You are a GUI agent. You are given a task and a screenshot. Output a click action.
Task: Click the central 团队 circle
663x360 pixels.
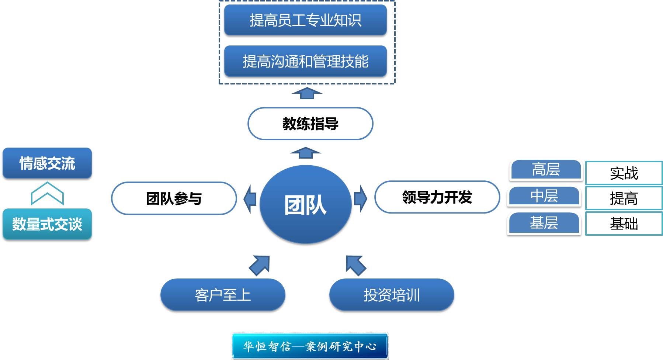(x=305, y=205)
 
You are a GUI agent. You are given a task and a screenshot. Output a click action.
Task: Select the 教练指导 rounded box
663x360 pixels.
(x=310, y=124)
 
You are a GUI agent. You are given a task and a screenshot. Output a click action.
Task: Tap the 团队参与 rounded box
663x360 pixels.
(x=174, y=198)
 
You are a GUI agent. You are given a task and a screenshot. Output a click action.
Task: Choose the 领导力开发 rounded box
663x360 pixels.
(x=437, y=197)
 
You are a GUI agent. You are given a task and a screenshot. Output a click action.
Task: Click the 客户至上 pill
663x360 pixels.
(x=223, y=295)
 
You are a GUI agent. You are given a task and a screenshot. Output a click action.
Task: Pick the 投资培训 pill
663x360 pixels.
(x=391, y=295)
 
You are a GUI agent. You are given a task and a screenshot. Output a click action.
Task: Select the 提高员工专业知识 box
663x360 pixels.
(x=305, y=20)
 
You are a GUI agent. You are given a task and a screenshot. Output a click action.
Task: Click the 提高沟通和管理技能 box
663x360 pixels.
(x=305, y=61)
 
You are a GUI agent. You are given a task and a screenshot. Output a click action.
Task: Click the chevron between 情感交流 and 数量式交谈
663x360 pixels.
(x=47, y=193)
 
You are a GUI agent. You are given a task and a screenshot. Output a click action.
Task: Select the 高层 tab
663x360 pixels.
(x=545, y=170)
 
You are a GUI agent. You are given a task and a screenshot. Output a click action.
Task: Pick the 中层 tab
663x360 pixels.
(x=544, y=196)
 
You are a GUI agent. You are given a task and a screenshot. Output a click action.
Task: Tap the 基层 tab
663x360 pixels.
(x=544, y=223)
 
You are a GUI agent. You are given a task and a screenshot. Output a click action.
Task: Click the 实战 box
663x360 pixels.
(x=624, y=173)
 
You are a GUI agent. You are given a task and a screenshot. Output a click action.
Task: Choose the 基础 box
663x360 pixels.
(x=624, y=224)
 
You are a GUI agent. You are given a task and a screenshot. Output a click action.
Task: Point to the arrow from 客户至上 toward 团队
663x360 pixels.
(x=260, y=265)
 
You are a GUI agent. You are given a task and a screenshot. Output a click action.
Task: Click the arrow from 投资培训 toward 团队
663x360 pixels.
(x=355, y=265)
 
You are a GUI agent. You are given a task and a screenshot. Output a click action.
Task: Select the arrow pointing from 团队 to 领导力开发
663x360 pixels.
(x=361, y=198)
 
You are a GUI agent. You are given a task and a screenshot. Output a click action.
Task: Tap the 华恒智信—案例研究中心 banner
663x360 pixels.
(x=310, y=346)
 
